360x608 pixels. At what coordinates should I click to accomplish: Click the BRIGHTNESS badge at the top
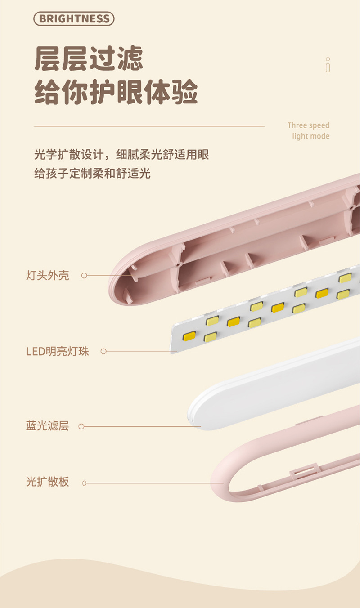74,19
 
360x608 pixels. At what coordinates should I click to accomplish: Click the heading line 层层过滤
89,59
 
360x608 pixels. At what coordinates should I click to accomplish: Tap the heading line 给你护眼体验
116,92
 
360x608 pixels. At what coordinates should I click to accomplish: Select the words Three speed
308,125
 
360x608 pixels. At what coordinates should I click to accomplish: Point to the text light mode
310,136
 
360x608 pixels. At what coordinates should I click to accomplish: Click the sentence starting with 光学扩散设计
121,155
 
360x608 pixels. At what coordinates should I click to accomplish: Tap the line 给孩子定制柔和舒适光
92,173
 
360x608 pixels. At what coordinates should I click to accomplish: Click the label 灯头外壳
48,275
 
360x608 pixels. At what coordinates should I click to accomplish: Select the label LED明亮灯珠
58,351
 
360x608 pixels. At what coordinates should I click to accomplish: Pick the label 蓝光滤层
48,426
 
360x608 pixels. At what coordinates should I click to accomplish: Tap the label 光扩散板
48,482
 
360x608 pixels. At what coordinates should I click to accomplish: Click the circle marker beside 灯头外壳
84,276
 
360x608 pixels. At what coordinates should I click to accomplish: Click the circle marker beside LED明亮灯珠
103,351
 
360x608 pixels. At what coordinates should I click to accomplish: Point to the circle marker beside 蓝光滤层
81,426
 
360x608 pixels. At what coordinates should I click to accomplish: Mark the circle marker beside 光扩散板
84,483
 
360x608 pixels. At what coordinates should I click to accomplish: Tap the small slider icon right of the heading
328,65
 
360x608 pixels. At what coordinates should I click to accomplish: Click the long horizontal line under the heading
149,126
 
